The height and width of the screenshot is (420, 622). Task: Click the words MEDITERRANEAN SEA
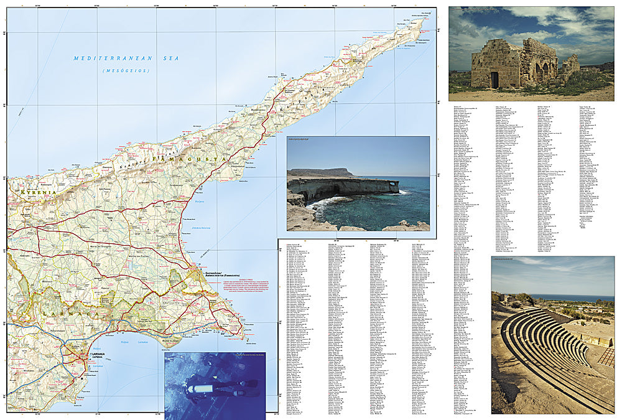126,58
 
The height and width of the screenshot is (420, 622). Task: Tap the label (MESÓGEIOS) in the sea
126,71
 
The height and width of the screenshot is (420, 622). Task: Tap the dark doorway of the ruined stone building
494,79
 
